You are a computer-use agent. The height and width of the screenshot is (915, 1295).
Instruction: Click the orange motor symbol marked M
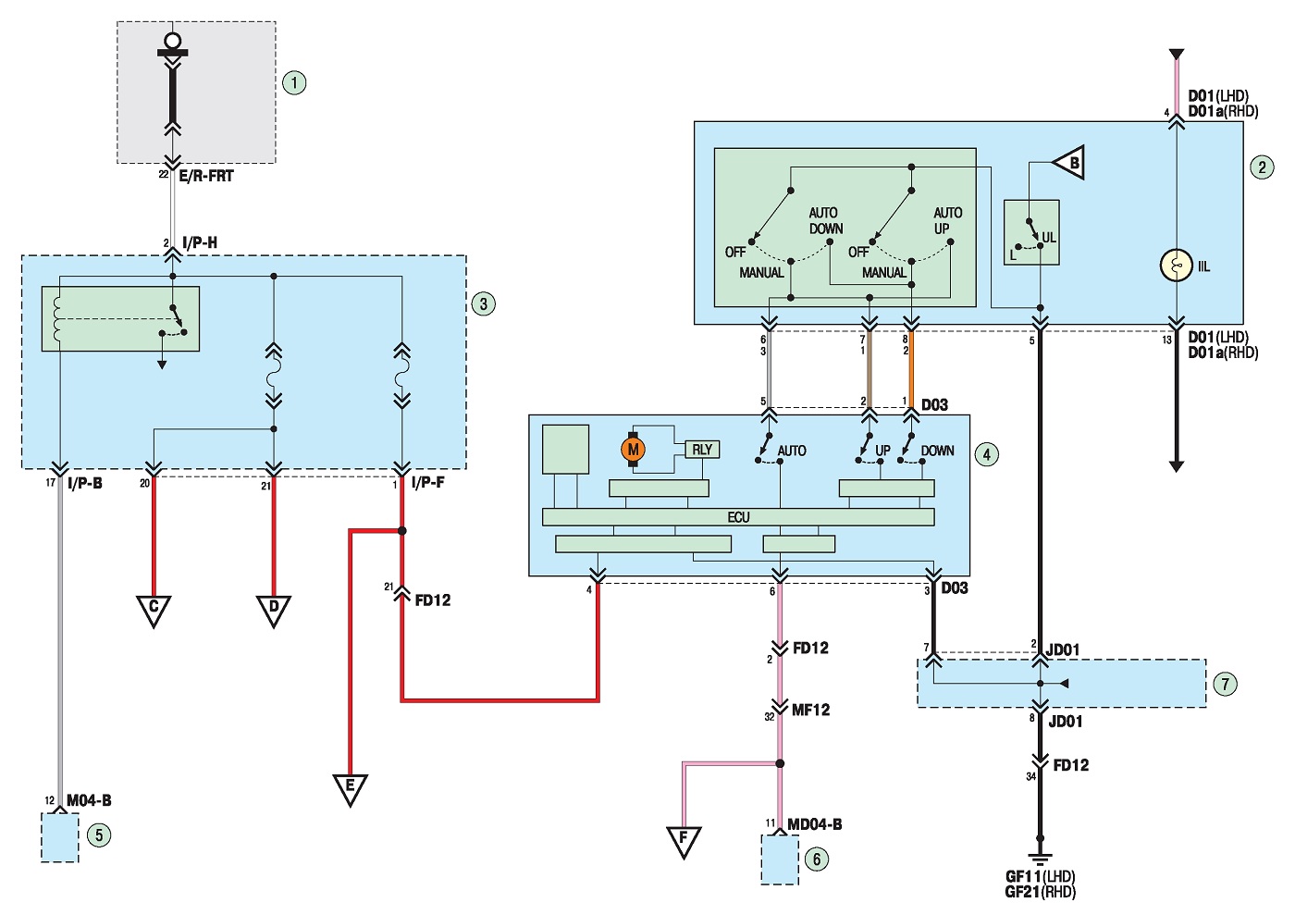pyautogui.click(x=633, y=449)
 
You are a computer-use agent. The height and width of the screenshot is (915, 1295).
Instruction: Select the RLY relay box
pyautogui.click(x=702, y=450)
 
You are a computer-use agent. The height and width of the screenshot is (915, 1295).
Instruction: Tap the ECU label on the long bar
pyautogui.click(x=738, y=517)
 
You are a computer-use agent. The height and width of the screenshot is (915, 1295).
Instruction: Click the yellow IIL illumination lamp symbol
pyautogui.click(x=1177, y=266)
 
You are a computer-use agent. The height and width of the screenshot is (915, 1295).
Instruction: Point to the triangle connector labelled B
pyautogui.click(x=1069, y=163)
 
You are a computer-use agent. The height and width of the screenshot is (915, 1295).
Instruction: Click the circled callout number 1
pyautogui.click(x=294, y=82)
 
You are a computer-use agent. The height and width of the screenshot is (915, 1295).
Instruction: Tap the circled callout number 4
pyautogui.click(x=987, y=454)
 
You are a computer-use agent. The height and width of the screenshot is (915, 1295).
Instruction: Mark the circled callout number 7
pyautogui.click(x=1225, y=685)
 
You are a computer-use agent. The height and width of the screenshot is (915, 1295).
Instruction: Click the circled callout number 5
pyautogui.click(x=99, y=835)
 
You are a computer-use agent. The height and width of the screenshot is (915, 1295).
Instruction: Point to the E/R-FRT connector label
pyautogui.click(x=206, y=176)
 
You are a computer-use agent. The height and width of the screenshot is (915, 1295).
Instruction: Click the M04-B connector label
pyautogui.click(x=89, y=800)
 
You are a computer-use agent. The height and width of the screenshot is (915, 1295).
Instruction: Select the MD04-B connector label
pyautogui.click(x=815, y=824)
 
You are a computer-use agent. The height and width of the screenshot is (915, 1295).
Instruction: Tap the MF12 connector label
pyautogui.click(x=810, y=710)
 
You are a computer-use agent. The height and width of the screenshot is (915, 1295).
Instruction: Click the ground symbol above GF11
pyautogui.click(x=1040, y=858)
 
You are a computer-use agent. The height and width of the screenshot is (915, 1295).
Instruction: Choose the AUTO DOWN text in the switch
pyautogui.click(x=825, y=221)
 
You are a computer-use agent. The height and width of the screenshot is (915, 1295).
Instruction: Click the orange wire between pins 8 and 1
pyautogui.click(x=911, y=369)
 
